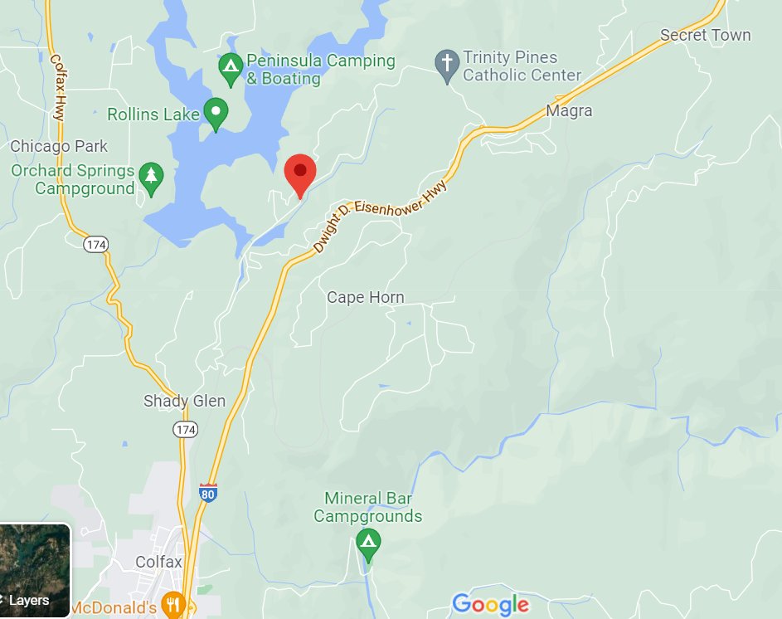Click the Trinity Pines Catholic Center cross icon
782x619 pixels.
[x=447, y=66]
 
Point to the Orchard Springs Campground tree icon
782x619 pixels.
[x=151, y=178]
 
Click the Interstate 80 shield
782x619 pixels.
[x=208, y=493]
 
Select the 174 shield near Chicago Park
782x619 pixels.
[x=95, y=244]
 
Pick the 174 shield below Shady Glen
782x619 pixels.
[x=185, y=429]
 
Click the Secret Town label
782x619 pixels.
[x=705, y=35]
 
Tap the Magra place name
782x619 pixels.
[x=570, y=110]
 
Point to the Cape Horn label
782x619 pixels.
[x=366, y=297]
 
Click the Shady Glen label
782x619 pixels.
[x=184, y=401]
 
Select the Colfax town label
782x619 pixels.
[x=158, y=562]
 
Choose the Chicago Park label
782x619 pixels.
[x=59, y=146]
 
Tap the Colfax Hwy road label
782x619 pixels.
[x=57, y=88]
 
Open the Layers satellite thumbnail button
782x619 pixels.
[x=35, y=571]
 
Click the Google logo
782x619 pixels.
[x=490, y=604]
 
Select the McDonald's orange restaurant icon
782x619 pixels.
[x=172, y=605]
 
